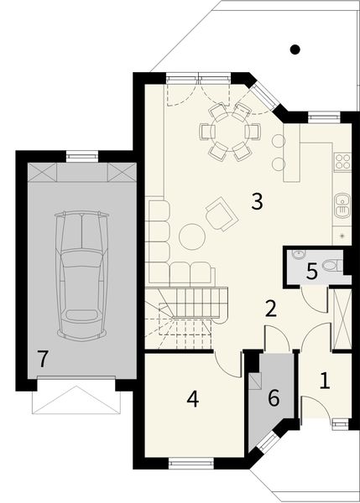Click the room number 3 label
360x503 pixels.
pos(257,201)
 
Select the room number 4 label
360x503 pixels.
pos(192,400)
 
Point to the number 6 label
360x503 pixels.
pos(273,398)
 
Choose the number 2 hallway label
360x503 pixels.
pos(270,308)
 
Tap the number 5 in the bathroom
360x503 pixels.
pos(311,271)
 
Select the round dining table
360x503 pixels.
pos(224,131)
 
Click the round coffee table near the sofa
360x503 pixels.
pos(192,237)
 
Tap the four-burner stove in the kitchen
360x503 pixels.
pos(342,159)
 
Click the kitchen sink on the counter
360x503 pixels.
pos(342,202)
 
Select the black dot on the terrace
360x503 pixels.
pos(295,49)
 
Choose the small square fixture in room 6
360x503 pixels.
pos(257,379)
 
